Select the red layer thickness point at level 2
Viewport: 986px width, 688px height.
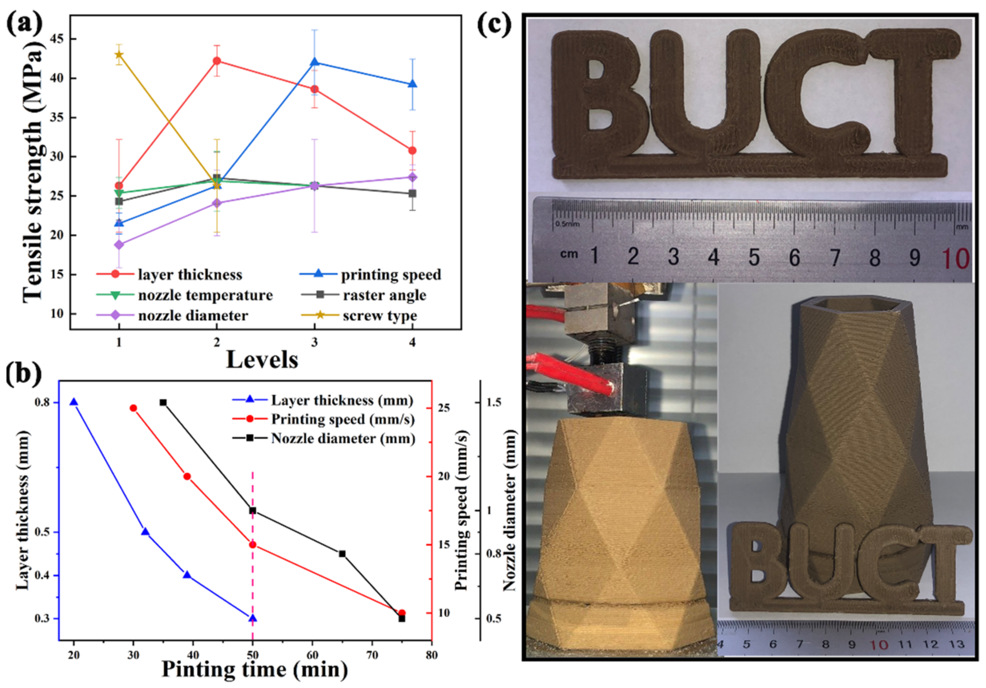tap(217, 61)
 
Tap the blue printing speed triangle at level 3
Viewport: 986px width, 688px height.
tap(315, 63)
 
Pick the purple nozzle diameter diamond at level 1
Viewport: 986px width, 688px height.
tap(119, 245)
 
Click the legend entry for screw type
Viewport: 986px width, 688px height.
tap(379, 316)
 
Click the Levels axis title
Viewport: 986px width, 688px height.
tap(262, 359)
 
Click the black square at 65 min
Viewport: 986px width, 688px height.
tap(342, 554)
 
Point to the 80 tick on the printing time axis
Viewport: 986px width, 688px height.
tap(432, 655)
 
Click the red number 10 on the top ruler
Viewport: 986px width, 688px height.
tap(956, 258)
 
